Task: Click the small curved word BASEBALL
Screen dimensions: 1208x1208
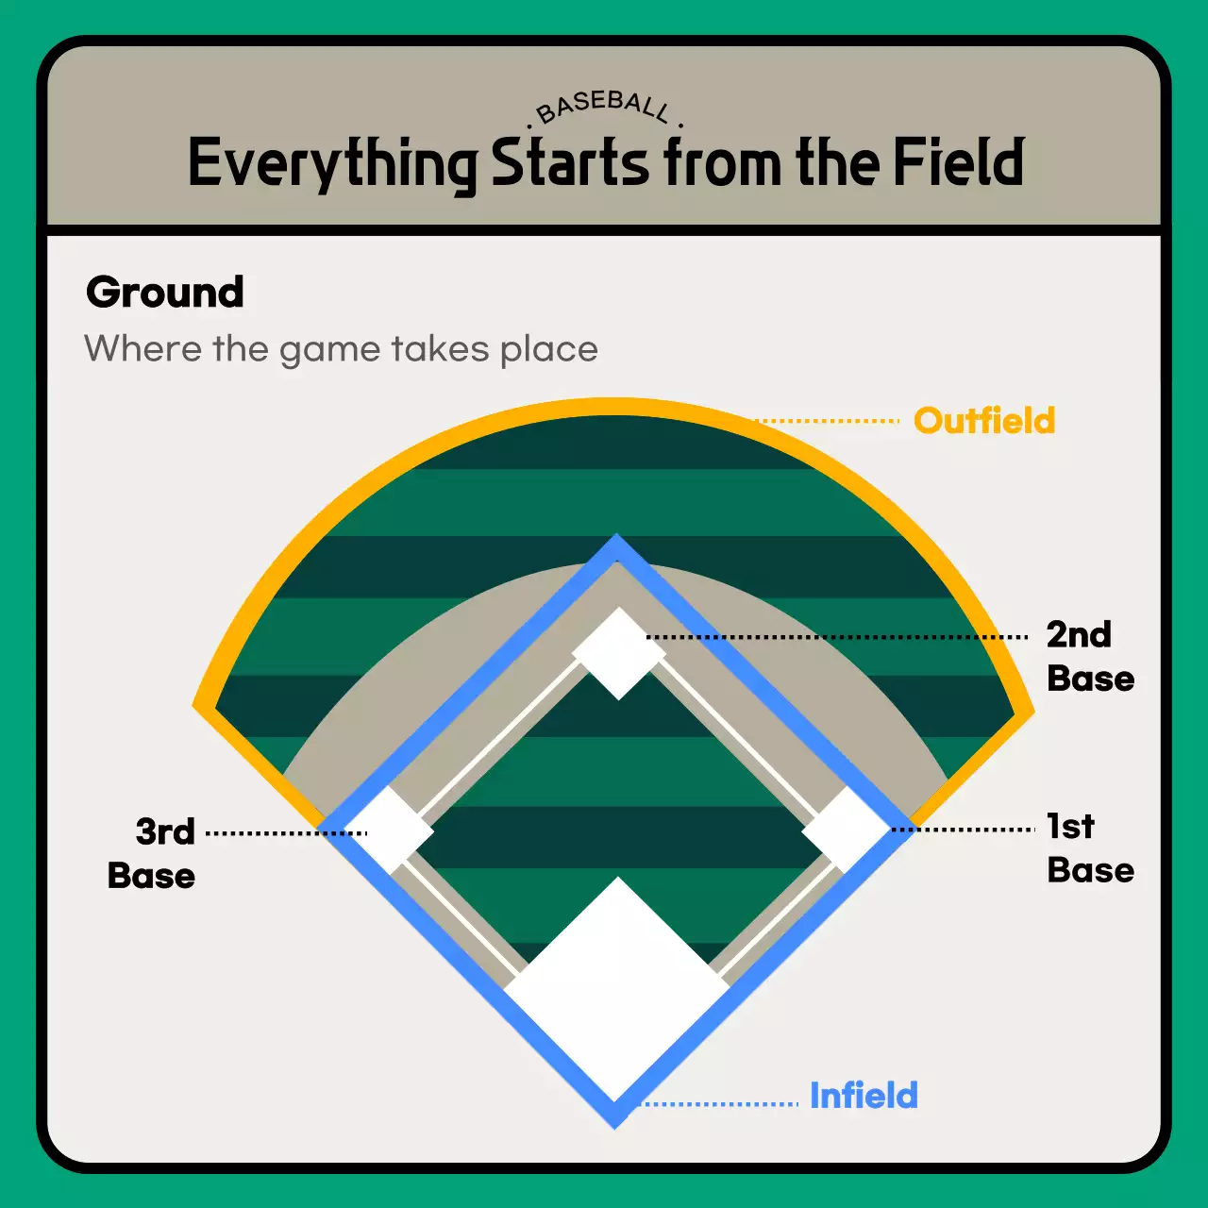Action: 604,106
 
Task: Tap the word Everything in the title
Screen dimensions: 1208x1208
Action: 332,164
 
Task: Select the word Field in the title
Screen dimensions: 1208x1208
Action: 958,162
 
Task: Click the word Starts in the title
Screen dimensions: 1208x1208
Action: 570,162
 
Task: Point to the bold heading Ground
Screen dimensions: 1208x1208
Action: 165,293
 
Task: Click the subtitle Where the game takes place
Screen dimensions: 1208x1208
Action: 341,349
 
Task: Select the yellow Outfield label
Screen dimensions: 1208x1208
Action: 984,421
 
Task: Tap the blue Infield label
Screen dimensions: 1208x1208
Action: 864,1096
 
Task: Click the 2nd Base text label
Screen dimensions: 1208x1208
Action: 1088,657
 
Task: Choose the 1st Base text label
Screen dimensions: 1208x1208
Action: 1088,848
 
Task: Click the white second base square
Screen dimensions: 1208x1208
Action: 618,653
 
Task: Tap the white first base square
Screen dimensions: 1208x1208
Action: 846,830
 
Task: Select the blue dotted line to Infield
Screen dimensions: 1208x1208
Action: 722,1103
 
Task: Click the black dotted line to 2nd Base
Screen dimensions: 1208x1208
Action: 840,637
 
